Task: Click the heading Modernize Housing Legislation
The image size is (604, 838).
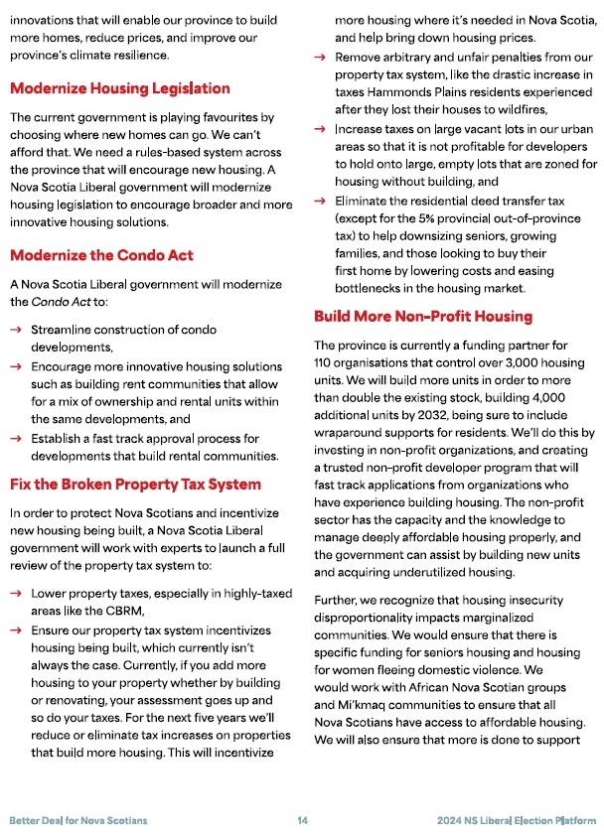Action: point(119,88)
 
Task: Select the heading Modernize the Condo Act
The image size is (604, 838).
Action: point(101,255)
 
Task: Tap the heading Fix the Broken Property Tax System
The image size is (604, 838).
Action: point(135,485)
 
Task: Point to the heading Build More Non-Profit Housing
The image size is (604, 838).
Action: point(423,317)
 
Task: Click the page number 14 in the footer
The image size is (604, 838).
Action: point(302,820)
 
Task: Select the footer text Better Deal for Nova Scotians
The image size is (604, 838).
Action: point(78,820)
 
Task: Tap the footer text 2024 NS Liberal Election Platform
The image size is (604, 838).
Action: point(517,820)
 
